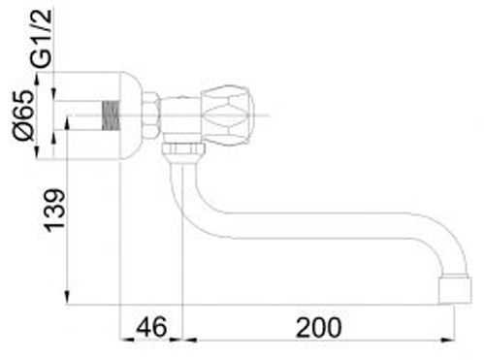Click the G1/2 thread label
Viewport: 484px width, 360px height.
(x=42, y=39)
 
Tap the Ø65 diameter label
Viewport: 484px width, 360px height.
(x=23, y=115)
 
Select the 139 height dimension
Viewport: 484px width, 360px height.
(x=54, y=210)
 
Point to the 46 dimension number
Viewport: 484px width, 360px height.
(x=151, y=326)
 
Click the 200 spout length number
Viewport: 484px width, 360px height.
(x=318, y=327)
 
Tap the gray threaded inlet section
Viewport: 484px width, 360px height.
(x=111, y=115)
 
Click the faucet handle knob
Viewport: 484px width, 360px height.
(x=227, y=115)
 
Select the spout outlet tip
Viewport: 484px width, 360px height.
(x=456, y=289)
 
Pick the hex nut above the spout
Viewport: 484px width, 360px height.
(x=183, y=149)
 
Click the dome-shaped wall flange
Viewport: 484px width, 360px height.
(x=131, y=115)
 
